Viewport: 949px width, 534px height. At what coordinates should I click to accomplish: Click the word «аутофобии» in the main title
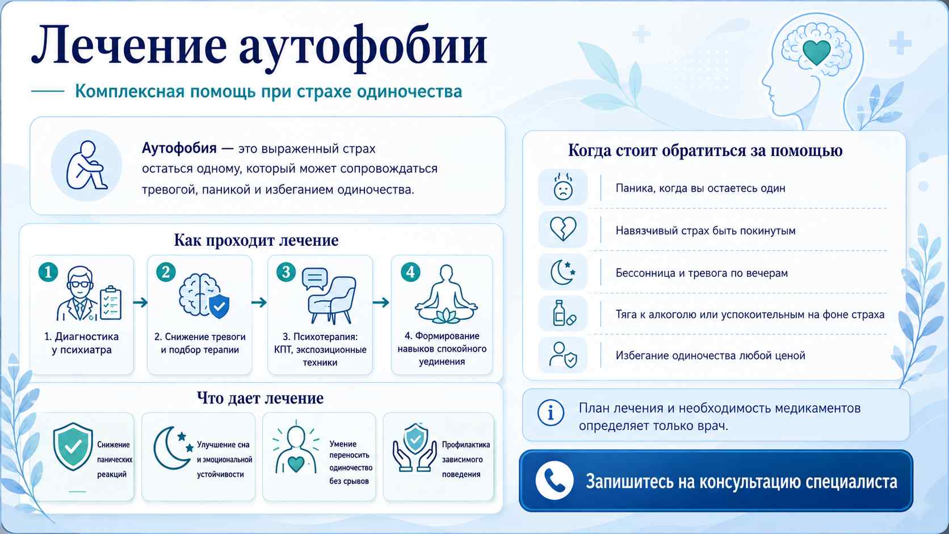[x=363, y=48]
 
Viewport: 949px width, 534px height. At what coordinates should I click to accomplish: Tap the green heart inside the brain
[x=816, y=52]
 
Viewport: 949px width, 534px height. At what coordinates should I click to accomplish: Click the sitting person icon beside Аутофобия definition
[x=86, y=165]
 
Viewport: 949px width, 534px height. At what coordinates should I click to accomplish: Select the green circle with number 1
[x=48, y=272]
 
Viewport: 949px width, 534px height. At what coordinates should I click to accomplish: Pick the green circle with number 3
[x=286, y=272]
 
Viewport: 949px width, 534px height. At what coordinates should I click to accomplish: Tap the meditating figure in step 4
[x=446, y=294]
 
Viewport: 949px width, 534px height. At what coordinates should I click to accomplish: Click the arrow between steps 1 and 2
[x=140, y=302]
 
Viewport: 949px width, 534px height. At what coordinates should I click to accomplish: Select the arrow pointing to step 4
[x=381, y=302]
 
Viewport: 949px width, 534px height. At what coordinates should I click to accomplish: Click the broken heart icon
[x=563, y=229]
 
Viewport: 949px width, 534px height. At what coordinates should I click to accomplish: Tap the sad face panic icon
[x=563, y=187]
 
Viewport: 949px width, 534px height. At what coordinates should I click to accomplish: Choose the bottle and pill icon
[x=564, y=313]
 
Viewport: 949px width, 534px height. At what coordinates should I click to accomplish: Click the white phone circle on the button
[x=555, y=481]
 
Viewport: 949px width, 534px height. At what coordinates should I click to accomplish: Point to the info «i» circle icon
[x=551, y=413]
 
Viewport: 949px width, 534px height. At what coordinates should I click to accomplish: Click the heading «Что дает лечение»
[x=260, y=398]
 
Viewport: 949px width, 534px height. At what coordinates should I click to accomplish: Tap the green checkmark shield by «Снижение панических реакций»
[x=73, y=447]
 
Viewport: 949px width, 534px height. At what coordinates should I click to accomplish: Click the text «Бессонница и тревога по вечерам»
[x=702, y=273]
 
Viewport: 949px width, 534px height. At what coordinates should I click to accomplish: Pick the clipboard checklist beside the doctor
[x=111, y=302]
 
